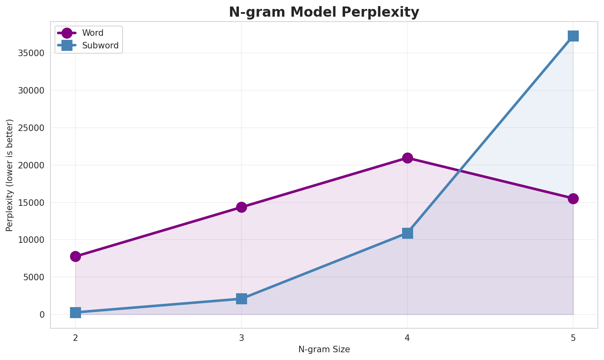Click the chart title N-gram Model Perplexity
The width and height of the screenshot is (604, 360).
[324, 12]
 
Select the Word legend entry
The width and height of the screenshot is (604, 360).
[92, 33]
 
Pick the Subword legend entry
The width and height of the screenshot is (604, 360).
[100, 46]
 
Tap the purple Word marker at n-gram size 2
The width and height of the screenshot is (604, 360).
[75, 256]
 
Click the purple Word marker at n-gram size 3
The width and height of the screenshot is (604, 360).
[241, 207]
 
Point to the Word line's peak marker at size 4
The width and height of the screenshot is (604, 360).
[407, 158]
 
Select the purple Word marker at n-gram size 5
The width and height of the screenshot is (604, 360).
[573, 199]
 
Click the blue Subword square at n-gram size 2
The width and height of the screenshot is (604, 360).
[75, 312]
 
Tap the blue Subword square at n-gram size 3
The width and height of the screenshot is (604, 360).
[241, 299]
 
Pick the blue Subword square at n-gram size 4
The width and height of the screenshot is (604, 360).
[407, 233]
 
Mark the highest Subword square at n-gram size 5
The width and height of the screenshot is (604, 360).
[573, 36]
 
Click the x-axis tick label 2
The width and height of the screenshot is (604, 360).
[75, 338]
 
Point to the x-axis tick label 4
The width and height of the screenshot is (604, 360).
[407, 338]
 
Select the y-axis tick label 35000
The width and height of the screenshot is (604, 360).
[31, 53]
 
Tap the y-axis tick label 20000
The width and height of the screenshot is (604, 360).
[31, 165]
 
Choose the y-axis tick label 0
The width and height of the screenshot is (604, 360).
[42, 314]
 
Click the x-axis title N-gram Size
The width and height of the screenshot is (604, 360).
[324, 349]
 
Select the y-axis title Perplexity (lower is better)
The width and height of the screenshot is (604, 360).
[10, 175]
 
